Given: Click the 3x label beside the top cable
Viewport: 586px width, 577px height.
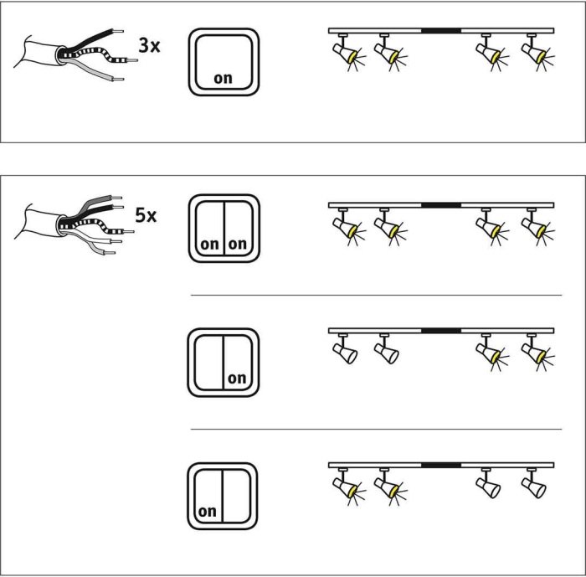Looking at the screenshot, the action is [x=149, y=45].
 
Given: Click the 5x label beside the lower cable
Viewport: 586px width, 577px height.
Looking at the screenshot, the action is [x=146, y=215].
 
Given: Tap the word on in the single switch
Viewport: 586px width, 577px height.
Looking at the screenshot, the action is [x=224, y=78].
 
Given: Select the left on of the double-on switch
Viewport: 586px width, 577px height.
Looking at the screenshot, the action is [x=209, y=245].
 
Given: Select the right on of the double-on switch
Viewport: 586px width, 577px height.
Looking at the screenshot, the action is [x=238, y=244].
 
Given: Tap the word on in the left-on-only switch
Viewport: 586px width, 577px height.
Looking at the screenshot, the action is [x=208, y=511].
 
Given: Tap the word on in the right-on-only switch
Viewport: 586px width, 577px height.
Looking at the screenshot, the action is [x=237, y=378].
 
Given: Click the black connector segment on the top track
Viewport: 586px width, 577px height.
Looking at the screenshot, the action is [x=441, y=31].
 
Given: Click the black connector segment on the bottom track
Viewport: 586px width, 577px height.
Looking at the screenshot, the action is [x=441, y=465].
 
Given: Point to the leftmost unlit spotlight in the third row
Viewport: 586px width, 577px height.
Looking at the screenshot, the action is [x=345, y=349].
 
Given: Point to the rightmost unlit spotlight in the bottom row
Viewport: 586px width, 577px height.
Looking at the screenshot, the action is [x=534, y=483].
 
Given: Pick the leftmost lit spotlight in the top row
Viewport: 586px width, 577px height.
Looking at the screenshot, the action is [x=347, y=52].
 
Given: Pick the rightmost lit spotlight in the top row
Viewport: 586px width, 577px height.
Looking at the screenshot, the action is [x=537, y=52].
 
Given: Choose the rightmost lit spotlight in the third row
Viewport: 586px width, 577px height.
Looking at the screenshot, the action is [x=537, y=352].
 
